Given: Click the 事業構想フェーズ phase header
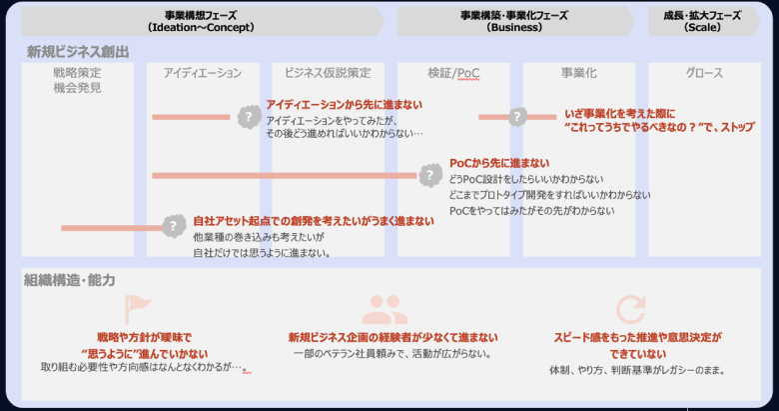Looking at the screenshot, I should [200, 21].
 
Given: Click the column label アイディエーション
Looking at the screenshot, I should [203, 73].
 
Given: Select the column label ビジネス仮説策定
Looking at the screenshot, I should [328, 73].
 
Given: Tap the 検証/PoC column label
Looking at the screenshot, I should [453, 73].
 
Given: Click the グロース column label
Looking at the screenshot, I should [704, 73].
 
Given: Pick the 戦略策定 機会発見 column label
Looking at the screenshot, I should [77, 80].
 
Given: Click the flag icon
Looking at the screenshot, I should [134, 308].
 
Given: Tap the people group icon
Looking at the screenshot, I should [385, 308].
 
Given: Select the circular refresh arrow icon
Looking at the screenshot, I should [630, 308].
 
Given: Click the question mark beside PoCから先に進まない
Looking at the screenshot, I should [429, 176].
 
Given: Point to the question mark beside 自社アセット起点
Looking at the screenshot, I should [174, 227].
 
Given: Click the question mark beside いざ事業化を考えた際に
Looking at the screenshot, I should [517, 117].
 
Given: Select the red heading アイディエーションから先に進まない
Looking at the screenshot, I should [344, 104].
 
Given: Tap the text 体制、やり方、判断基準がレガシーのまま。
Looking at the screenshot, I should [636, 370].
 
